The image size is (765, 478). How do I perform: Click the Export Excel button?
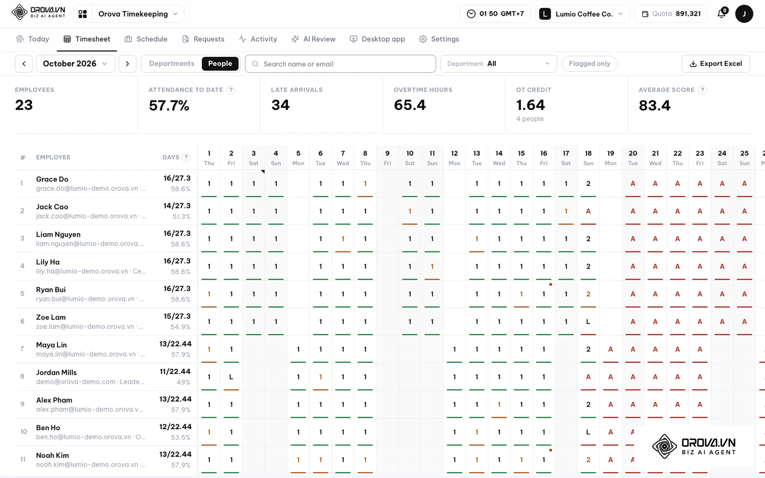point(715,64)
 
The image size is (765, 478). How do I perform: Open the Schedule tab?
point(146,39)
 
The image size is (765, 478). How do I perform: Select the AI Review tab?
point(313,39)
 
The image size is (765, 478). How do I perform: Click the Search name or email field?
point(340,64)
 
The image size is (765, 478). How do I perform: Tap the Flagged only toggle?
point(590,64)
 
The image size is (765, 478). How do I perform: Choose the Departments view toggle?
point(172,64)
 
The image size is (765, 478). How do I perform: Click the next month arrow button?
point(127,64)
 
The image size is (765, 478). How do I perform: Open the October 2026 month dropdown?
point(76,64)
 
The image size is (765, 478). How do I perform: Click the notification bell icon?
point(721,14)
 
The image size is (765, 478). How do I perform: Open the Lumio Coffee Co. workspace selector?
point(582,14)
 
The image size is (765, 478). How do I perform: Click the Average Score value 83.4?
point(655,105)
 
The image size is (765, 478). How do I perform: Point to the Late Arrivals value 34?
point(280,105)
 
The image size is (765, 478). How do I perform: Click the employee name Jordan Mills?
point(56,372)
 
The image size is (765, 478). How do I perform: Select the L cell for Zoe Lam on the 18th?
point(588,322)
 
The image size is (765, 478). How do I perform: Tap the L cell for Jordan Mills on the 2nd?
point(231,377)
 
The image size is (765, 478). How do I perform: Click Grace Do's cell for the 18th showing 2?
point(588,184)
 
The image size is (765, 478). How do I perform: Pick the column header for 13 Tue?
point(476,158)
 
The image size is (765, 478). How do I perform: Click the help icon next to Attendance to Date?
point(231,90)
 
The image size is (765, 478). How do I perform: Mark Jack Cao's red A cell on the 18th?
point(588,211)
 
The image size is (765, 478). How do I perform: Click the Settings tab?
point(439,39)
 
